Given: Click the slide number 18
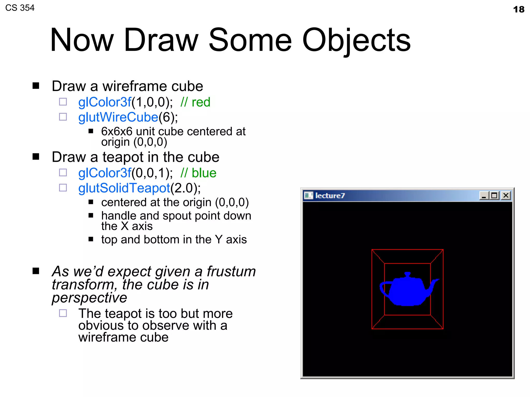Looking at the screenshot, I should click(x=519, y=10).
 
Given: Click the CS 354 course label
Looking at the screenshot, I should click(x=20, y=8).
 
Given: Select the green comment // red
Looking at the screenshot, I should click(x=195, y=102).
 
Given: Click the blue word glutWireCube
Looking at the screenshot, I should click(x=118, y=117).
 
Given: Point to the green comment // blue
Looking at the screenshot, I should click(x=198, y=173).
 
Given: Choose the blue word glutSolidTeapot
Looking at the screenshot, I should click(x=124, y=188).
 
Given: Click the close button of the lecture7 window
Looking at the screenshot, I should click(x=506, y=195).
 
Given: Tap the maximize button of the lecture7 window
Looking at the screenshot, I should click(x=495, y=195).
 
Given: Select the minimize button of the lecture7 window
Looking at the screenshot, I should click(x=484, y=196).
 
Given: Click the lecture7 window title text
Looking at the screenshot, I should click(x=330, y=196).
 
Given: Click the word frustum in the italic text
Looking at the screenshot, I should click(x=231, y=271).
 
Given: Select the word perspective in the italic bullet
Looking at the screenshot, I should click(x=89, y=298).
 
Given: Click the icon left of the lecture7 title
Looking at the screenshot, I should click(x=308, y=195).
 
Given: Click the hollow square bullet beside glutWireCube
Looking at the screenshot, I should click(x=63, y=117).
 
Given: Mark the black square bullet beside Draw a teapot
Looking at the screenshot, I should click(x=36, y=157).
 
